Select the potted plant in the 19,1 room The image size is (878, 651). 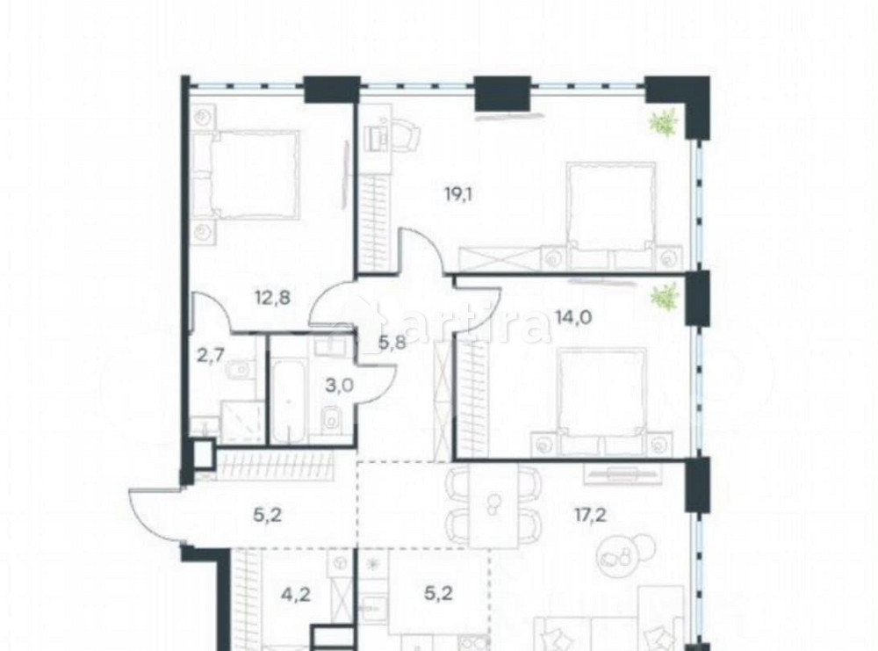[x=664, y=122]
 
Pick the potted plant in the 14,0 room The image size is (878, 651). [x=664, y=297]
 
